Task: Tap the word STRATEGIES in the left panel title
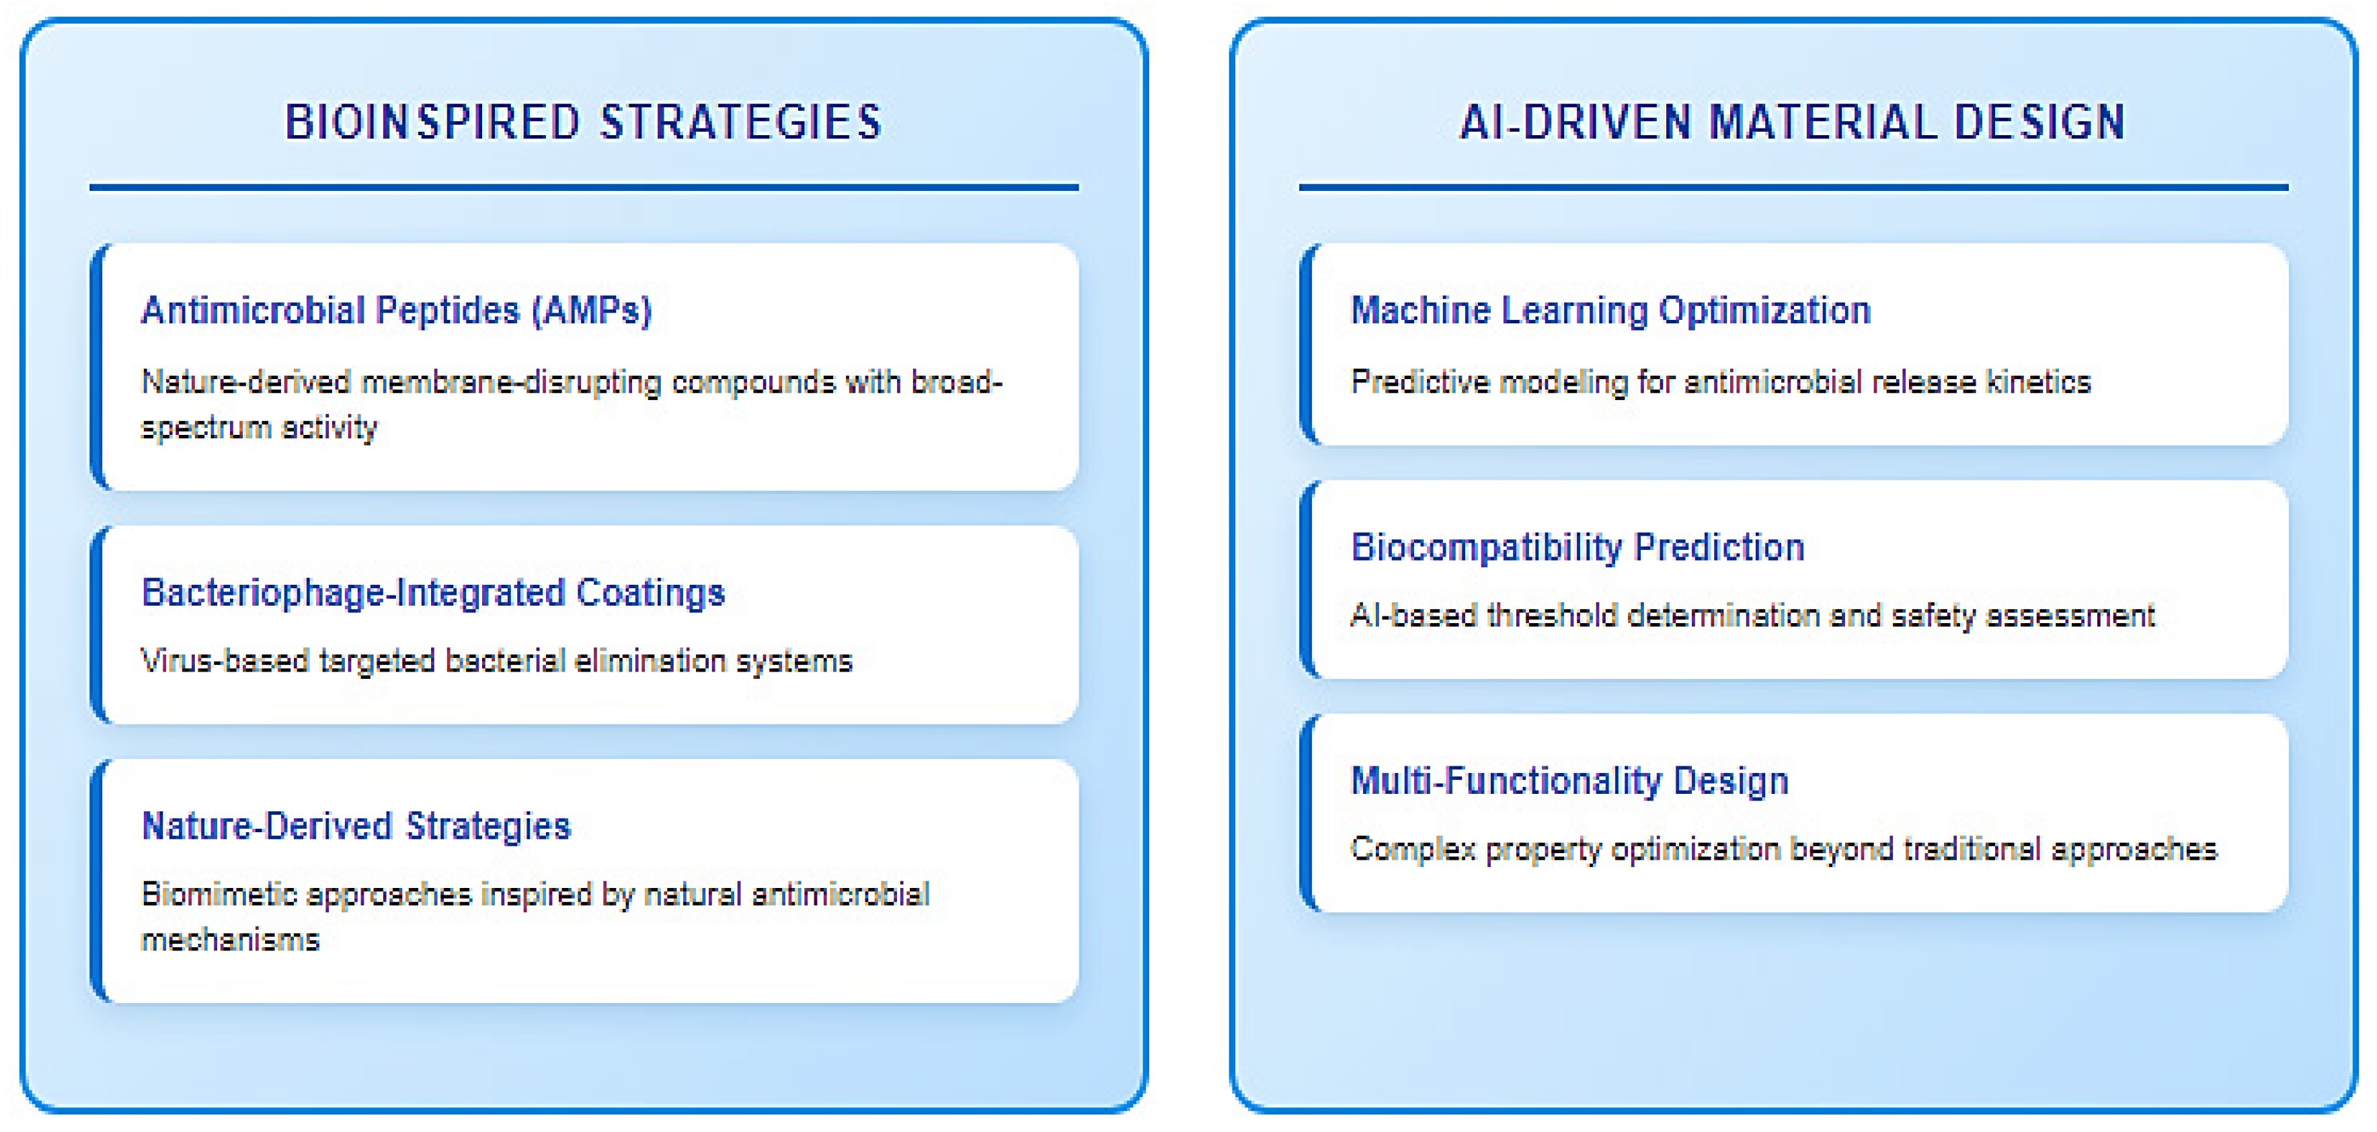pyautogui.click(x=742, y=122)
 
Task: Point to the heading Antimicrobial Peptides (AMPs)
pyautogui.click(x=397, y=311)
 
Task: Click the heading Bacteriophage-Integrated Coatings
pyautogui.click(x=433, y=593)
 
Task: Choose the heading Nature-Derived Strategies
pyautogui.click(x=356, y=827)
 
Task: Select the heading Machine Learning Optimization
pyautogui.click(x=1610, y=311)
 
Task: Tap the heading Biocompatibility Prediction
pyautogui.click(x=1577, y=547)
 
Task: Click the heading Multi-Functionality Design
pyautogui.click(x=1569, y=780)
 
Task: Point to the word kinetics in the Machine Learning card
pyautogui.click(x=2038, y=382)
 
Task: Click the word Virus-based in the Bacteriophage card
pyautogui.click(x=224, y=661)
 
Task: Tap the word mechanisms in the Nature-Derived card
pyautogui.click(x=230, y=940)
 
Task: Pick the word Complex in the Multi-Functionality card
pyautogui.click(x=1412, y=850)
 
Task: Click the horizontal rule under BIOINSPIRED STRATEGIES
pyautogui.click(x=584, y=188)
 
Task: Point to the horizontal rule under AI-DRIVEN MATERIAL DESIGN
pyautogui.click(x=1794, y=188)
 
